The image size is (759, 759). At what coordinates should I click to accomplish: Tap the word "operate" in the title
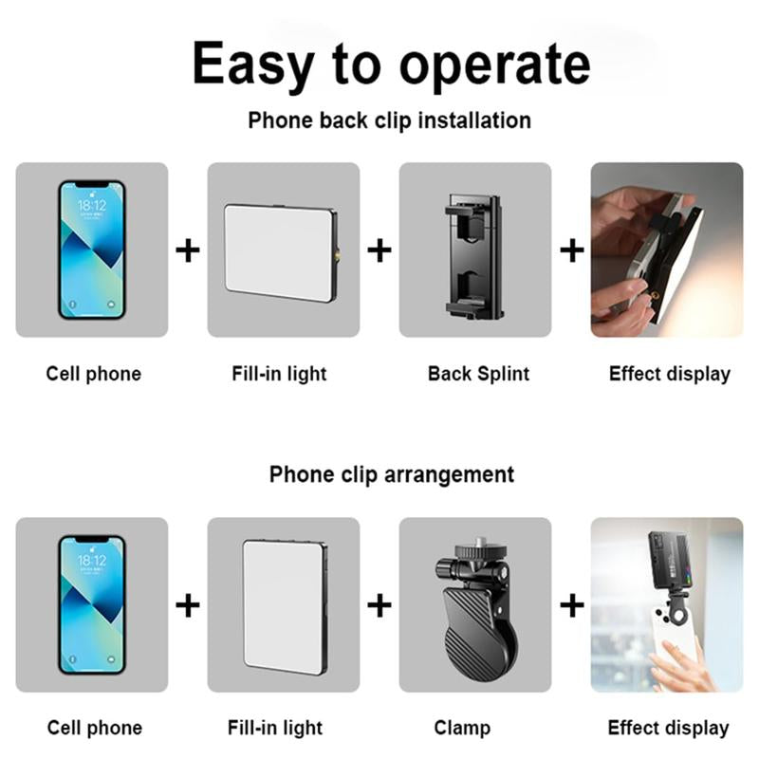pyautogui.click(x=493, y=66)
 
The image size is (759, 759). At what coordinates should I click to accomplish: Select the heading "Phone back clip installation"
pyautogui.click(x=389, y=120)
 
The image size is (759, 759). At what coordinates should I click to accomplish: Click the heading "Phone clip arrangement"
pyautogui.click(x=391, y=474)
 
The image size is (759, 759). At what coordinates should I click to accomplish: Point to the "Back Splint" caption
pyautogui.click(x=478, y=374)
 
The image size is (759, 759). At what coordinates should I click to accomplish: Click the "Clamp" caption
pyautogui.click(x=462, y=729)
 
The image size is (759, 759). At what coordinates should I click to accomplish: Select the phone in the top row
pyautogui.click(x=92, y=250)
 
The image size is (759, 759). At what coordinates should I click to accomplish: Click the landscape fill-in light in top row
pyautogui.click(x=280, y=252)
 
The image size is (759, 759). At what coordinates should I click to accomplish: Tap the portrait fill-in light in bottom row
pyautogui.click(x=284, y=604)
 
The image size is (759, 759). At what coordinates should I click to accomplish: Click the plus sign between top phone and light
pyautogui.click(x=188, y=250)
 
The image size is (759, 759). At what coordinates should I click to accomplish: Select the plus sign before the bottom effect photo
pyautogui.click(x=571, y=605)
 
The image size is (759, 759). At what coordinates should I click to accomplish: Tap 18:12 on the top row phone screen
pyautogui.click(x=92, y=204)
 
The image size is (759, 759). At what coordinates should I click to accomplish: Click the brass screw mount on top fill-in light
pyautogui.click(x=339, y=253)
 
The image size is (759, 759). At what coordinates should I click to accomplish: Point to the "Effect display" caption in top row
pyautogui.click(x=669, y=374)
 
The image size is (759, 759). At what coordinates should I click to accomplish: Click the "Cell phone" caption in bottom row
pyautogui.click(x=94, y=729)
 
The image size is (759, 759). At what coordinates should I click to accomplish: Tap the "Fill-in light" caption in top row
pyautogui.click(x=279, y=374)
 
